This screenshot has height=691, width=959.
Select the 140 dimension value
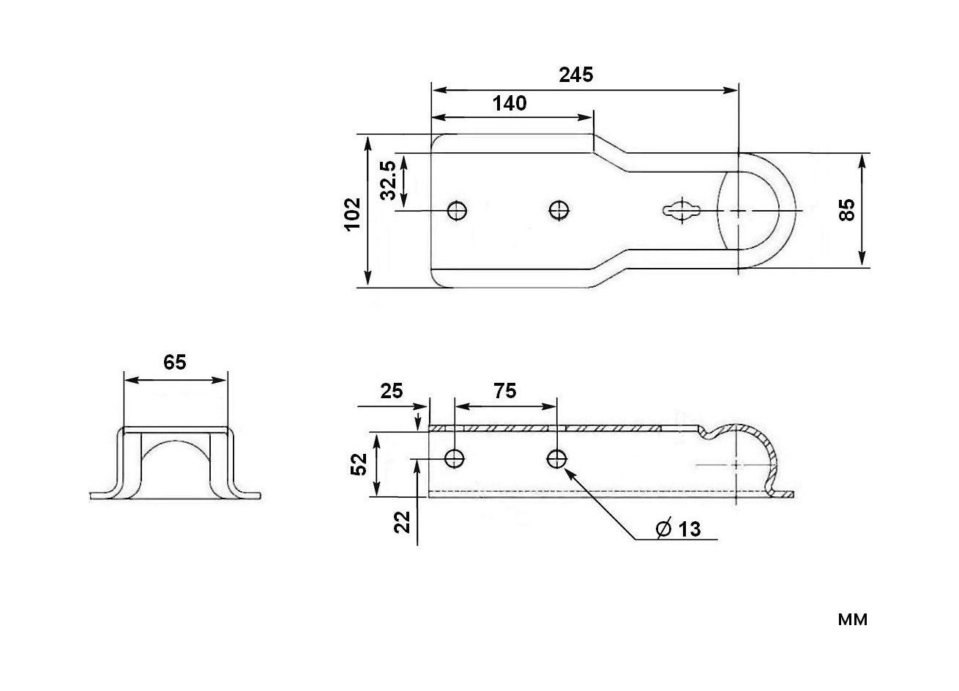pyautogui.click(x=509, y=103)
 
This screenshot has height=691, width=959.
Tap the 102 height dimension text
pyautogui.click(x=354, y=213)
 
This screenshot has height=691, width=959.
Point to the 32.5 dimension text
pyautogui.click(x=389, y=180)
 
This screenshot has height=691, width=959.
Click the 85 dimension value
pyautogui.click(x=847, y=210)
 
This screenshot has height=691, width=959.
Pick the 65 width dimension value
pyautogui.click(x=175, y=362)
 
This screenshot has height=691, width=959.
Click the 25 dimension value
pyautogui.click(x=392, y=391)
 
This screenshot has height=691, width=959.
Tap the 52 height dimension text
pyautogui.click(x=358, y=464)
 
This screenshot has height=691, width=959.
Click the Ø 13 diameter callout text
pyautogui.click(x=679, y=528)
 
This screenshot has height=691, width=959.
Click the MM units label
pyautogui.click(x=852, y=620)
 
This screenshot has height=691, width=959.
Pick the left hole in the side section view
pyautogui.click(x=455, y=459)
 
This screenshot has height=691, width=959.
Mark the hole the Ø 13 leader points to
pyautogui.click(x=556, y=459)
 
